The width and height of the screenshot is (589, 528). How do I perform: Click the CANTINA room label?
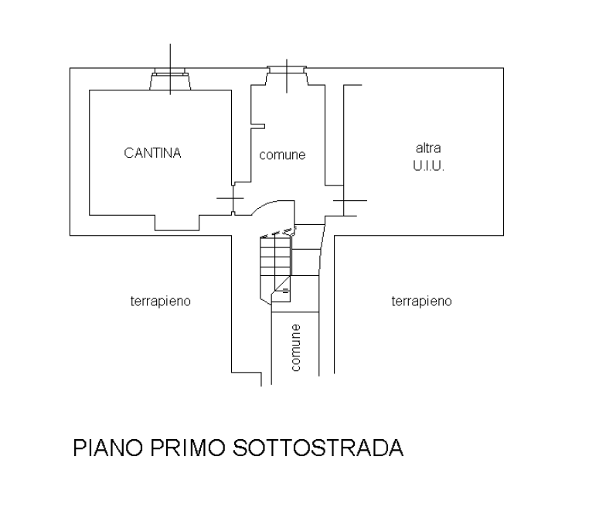(x=152, y=153)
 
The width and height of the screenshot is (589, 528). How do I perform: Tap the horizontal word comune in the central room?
(x=282, y=155)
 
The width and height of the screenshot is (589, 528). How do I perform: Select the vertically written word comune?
(x=296, y=347)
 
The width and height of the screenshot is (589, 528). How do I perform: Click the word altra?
(x=428, y=148)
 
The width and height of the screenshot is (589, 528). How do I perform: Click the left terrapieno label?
(x=161, y=301)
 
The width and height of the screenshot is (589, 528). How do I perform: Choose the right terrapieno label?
(x=421, y=301)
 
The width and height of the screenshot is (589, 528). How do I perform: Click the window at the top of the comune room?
(x=288, y=74)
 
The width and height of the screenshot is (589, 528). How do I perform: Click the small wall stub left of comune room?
(x=260, y=126)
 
